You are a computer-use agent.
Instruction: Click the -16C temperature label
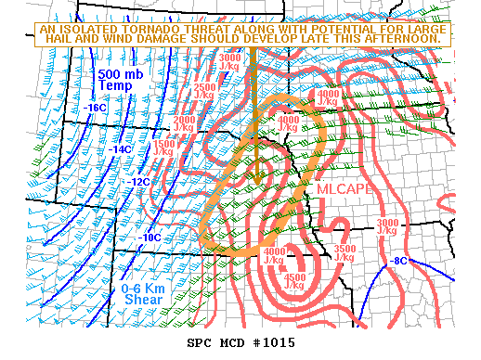pos(97,109)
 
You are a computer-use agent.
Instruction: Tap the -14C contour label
pos(121,149)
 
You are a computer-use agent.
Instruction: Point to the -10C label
pos(149,238)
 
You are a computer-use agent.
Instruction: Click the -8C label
pos(400,261)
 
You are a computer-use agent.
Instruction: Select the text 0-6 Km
pos(143,289)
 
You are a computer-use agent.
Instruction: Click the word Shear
pos(144,302)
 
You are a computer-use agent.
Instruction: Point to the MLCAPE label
pos(344,189)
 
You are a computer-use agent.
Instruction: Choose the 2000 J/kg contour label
pos(185,123)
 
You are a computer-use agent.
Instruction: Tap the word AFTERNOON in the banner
pos(401,40)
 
